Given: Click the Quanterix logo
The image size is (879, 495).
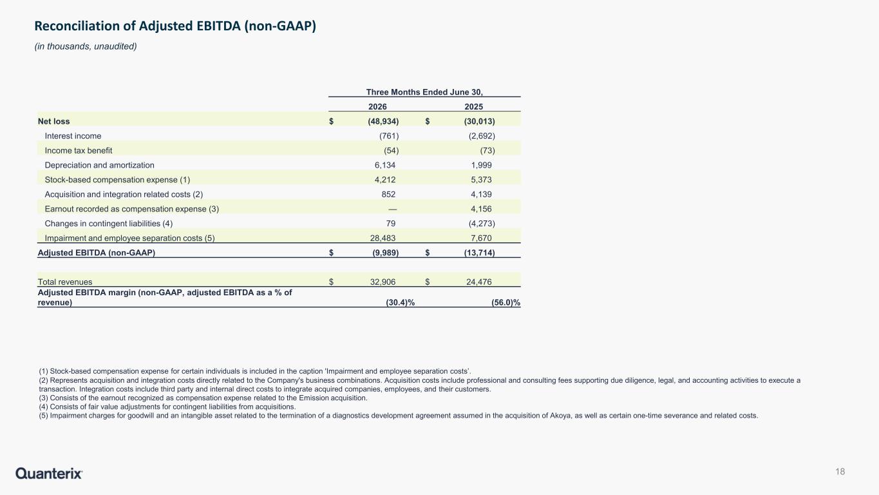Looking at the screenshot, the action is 49,473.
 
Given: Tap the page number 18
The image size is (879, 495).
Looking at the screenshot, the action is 840,471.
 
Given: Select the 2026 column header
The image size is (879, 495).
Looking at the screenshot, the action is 377,106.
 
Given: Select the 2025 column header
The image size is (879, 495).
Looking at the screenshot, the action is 474,106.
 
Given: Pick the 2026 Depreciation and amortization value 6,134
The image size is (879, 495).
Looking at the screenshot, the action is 385,165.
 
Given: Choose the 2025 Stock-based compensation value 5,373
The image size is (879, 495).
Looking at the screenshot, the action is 481,180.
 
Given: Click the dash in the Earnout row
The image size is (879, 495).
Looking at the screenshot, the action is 392,209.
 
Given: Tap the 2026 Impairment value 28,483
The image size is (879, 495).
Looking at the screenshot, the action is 383,238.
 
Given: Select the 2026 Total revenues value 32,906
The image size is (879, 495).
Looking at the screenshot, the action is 383,282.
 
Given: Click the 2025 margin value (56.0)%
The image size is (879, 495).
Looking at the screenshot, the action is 506,302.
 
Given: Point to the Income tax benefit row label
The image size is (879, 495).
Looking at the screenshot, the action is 79,150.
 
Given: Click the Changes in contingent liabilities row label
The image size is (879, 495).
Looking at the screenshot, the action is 109,224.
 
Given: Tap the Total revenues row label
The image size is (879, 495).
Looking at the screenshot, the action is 65,282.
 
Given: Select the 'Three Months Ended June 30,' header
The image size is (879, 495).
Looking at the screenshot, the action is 424,92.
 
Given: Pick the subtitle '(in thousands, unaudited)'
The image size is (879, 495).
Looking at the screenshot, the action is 86,46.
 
